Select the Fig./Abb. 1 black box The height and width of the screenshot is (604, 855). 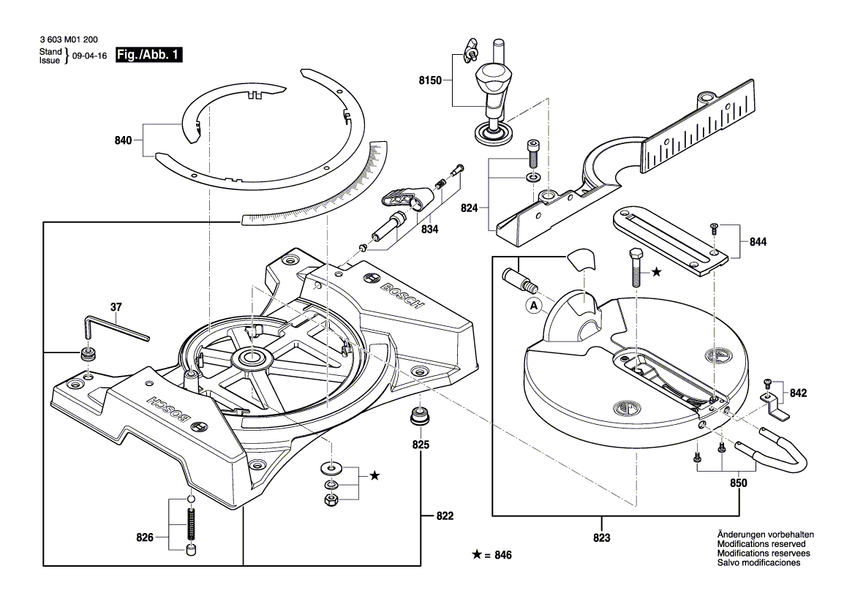(157, 56)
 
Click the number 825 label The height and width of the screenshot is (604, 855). (421, 445)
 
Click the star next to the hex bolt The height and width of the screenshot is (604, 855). (656, 272)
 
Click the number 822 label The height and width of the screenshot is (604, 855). (444, 516)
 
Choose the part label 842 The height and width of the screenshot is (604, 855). (797, 393)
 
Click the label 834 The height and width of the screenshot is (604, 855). (429, 229)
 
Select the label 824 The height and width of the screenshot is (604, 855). (470, 208)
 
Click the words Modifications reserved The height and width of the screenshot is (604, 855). (761, 545)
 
